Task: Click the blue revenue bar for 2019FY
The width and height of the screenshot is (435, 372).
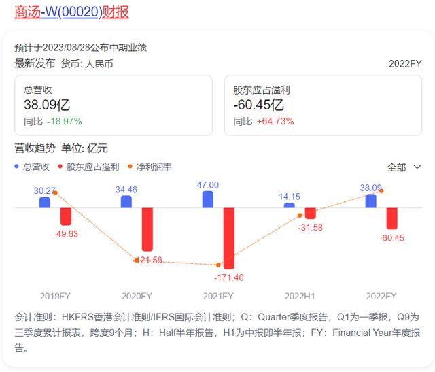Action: pyautogui.click(x=45, y=202)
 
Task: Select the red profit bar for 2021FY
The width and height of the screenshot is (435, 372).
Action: pyautogui.click(x=229, y=237)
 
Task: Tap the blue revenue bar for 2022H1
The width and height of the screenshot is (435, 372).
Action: pyautogui.click(x=290, y=205)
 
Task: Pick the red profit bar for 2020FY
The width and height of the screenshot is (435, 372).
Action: pyautogui.click(x=147, y=229)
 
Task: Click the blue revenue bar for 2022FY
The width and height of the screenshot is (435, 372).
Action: pyautogui.click(x=371, y=201)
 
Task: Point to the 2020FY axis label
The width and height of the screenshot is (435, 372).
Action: pyautogui.click(x=137, y=296)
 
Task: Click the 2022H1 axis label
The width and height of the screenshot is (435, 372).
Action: pyautogui.click(x=300, y=296)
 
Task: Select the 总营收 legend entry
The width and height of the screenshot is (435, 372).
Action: pyautogui.click(x=32, y=166)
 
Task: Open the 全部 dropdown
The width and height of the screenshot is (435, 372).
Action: pyautogui.click(x=404, y=167)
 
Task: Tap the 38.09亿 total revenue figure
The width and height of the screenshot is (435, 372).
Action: pyautogui.click(x=47, y=105)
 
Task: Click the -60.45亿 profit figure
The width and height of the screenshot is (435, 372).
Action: pyautogui.click(x=258, y=105)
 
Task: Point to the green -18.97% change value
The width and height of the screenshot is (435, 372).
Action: pyautogui.click(x=65, y=121)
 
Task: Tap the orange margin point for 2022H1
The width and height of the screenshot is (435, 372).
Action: pyautogui.click(x=300, y=215)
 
